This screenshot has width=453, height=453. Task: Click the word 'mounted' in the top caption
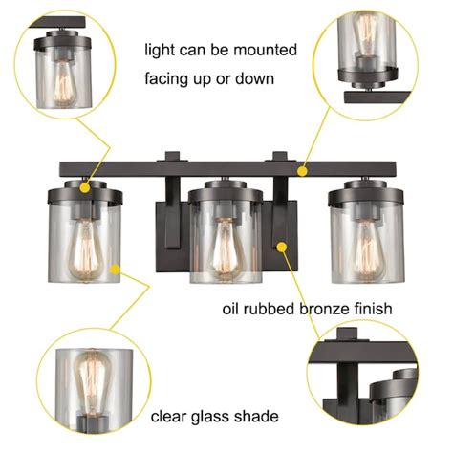[266, 49]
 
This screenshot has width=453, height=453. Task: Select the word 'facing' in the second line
[168, 79]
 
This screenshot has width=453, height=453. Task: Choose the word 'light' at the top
[161, 49]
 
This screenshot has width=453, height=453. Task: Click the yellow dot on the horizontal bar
[303, 173]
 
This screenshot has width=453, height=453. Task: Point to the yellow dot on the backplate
[283, 246]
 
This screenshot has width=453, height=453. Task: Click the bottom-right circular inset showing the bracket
[366, 377]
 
